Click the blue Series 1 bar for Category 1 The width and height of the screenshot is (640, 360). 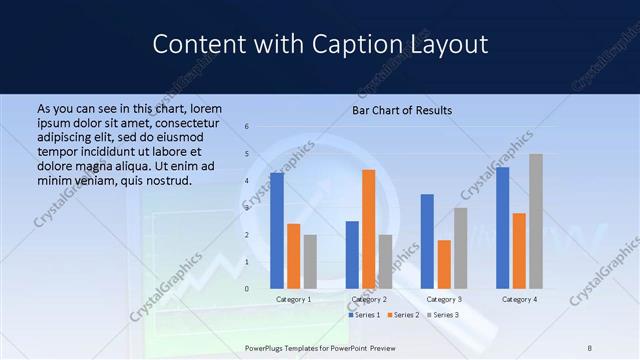click(x=277, y=231)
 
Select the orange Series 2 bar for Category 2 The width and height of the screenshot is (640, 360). click(x=368, y=229)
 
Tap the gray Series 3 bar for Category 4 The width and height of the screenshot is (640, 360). click(x=536, y=221)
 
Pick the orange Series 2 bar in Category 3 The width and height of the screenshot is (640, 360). click(x=444, y=264)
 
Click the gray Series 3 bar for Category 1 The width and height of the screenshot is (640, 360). click(x=310, y=262)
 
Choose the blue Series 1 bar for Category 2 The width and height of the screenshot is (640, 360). click(x=352, y=255)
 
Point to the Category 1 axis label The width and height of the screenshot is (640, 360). click(x=293, y=299)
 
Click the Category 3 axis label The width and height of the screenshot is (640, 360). click(x=443, y=299)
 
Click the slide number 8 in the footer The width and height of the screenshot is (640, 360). click(x=590, y=348)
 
